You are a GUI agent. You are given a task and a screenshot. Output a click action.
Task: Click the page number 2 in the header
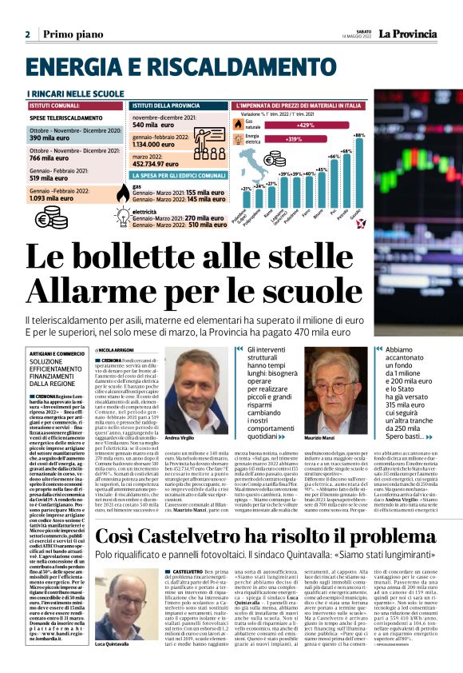pos(27,34)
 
